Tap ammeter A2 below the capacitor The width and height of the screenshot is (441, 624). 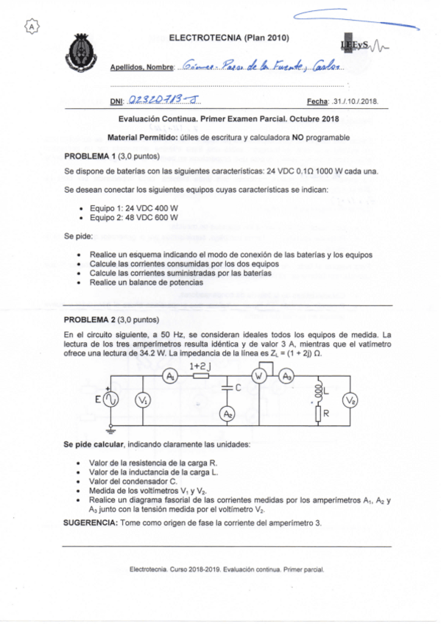227,414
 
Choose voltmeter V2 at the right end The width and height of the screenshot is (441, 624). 352,400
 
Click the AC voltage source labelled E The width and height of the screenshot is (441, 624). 113,400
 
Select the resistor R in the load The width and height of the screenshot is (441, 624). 317,414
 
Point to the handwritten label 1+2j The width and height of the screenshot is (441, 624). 200,364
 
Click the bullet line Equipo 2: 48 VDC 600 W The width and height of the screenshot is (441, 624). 127,218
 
